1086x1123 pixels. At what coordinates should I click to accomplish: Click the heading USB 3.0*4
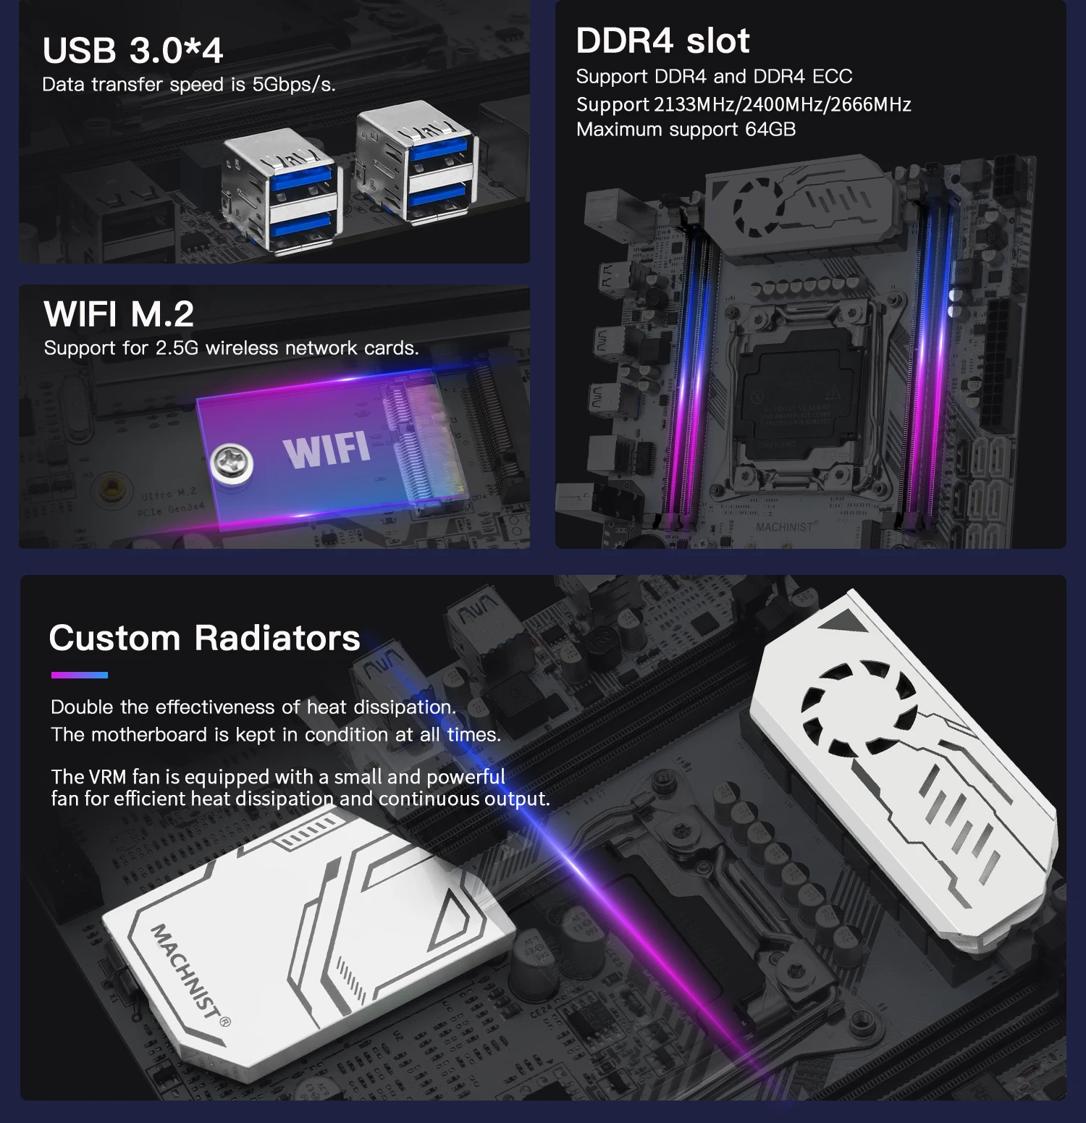click(x=132, y=51)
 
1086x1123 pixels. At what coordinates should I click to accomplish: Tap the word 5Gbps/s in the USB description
click(x=293, y=85)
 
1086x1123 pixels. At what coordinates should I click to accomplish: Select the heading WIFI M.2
click(x=119, y=314)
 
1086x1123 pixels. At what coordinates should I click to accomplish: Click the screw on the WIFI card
click(x=232, y=462)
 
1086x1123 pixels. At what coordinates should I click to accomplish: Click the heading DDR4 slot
click(x=662, y=41)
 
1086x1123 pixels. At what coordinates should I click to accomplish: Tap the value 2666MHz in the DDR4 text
click(x=870, y=104)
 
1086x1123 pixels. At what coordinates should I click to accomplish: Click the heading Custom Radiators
click(x=204, y=638)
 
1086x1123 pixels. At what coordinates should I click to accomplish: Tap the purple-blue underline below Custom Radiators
click(x=79, y=675)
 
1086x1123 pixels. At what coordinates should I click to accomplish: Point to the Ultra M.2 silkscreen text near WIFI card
click(x=168, y=495)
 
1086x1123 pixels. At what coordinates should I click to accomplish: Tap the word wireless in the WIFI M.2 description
click(x=243, y=348)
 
